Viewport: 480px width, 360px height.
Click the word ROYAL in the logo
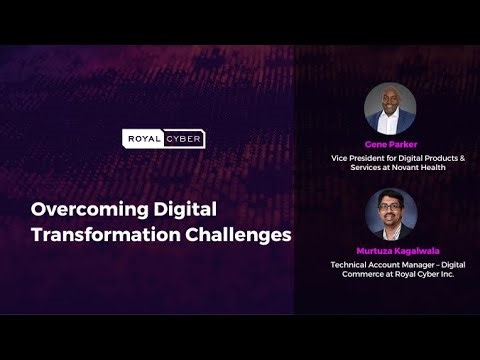click(x=142, y=139)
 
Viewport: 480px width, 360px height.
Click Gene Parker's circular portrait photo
click(x=390, y=109)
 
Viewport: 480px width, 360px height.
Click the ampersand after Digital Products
click(x=446, y=158)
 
